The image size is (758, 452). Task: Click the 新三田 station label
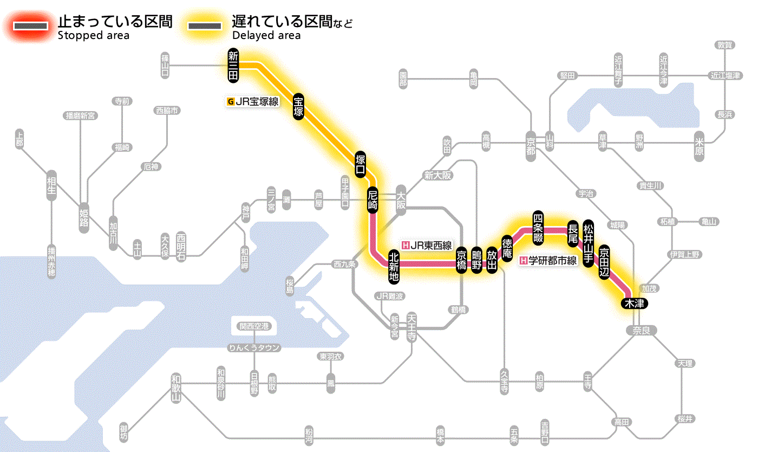point(233,66)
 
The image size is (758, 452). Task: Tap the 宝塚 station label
point(298,107)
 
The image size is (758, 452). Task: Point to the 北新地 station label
point(394,267)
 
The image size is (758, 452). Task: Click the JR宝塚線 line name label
point(252,101)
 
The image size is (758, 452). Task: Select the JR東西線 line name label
point(427,244)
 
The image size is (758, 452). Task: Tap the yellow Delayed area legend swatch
point(204,26)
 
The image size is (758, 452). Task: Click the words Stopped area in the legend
point(93,36)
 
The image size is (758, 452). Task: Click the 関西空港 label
point(254,326)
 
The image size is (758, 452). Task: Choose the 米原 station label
point(700,149)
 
